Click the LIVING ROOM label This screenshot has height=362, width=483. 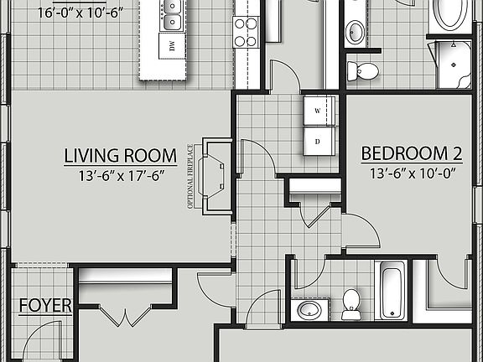tap(121, 155)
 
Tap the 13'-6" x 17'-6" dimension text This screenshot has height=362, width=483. tap(121, 175)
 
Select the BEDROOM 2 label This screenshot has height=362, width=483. tap(412, 153)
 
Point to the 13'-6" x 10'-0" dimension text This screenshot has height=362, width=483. tap(412, 173)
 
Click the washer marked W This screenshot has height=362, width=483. tap(319, 111)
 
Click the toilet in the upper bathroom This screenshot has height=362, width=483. tap(364, 71)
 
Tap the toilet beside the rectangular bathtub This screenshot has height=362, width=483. tap(351, 303)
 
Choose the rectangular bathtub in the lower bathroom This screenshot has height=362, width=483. tap(392, 290)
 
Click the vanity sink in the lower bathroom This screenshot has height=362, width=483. tap(309, 310)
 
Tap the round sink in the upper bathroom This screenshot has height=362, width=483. tap(355, 33)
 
